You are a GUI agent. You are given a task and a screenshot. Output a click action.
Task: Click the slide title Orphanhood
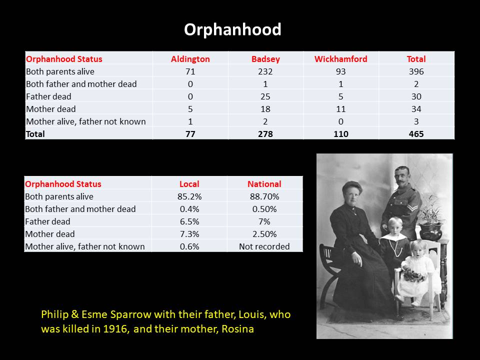pyautogui.click(x=232, y=29)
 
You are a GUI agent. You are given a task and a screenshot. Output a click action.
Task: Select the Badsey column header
pyautogui.click(x=265, y=59)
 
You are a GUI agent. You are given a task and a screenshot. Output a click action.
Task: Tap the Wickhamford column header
pyautogui.click(x=340, y=59)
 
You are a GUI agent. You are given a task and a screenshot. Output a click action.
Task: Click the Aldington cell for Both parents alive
pyautogui.click(x=190, y=71)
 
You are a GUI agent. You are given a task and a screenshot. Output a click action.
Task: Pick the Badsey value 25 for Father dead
pyautogui.click(x=265, y=96)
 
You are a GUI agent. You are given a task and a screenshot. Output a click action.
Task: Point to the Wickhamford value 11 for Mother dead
pyautogui.click(x=340, y=109)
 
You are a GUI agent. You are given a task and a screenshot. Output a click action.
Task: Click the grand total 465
pyautogui.click(x=416, y=134)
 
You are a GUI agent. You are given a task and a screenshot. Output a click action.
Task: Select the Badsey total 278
pyautogui.click(x=265, y=134)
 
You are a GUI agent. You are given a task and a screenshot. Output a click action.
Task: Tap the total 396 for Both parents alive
pyautogui.click(x=416, y=71)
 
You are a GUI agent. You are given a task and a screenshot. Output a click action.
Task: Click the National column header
pyautogui.click(x=264, y=184)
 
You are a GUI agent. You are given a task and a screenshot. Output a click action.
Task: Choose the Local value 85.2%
pyautogui.click(x=189, y=196)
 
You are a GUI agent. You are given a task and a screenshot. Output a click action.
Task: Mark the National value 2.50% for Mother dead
pyautogui.click(x=264, y=234)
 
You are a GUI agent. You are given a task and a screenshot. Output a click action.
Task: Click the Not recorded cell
pyautogui.click(x=264, y=246)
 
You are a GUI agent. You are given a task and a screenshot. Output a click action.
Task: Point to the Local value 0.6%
pyautogui.click(x=189, y=246)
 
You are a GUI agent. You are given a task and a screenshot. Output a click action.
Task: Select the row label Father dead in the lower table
pyautogui.click(x=47, y=221)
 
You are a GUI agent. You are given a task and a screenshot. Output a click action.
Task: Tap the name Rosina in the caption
pyautogui.click(x=237, y=329)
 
